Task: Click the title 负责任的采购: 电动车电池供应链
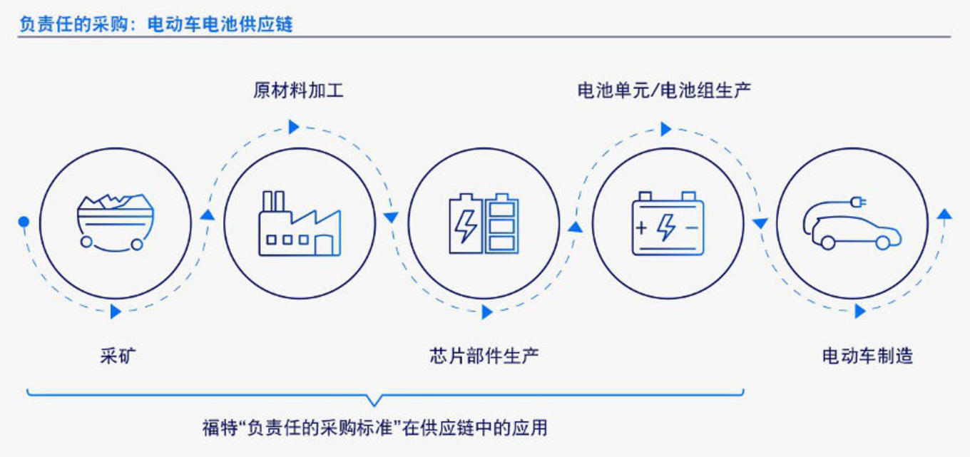(156, 24)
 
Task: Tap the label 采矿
(118, 356)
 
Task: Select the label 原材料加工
(298, 91)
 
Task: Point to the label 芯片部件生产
(484, 356)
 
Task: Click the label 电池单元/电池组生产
(664, 91)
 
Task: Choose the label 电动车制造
(867, 356)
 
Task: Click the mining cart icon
(116, 222)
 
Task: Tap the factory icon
(300, 223)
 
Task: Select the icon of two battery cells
(484, 223)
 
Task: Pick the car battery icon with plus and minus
(668, 223)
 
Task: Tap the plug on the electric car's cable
(858, 202)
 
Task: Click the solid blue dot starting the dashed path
(24, 222)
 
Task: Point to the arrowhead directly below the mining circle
(116, 311)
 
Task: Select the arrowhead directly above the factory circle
(294, 127)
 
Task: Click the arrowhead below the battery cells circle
(487, 312)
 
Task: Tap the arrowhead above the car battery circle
(666, 129)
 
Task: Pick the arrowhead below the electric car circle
(860, 311)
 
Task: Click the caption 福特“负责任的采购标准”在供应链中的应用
(375, 428)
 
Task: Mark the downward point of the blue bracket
(374, 406)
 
